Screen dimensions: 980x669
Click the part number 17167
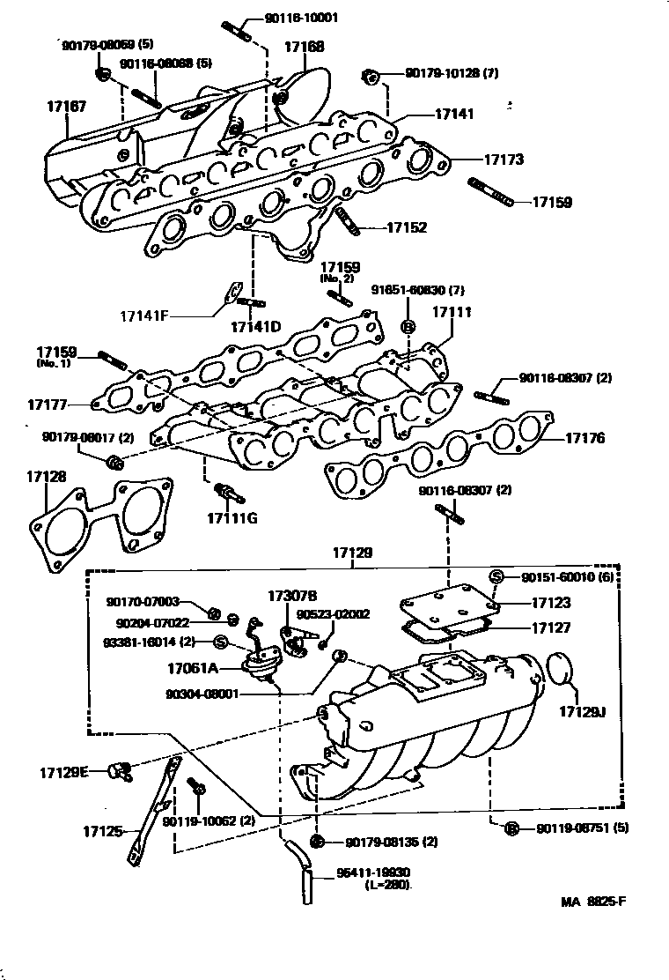(x=66, y=106)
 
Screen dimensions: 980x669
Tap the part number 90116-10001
(x=301, y=18)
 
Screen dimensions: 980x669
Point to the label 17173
(x=504, y=160)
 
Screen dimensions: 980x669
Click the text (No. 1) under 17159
(x=54, y=363)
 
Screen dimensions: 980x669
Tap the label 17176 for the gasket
(x=584, y=437)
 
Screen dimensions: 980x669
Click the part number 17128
(x=47, y=476)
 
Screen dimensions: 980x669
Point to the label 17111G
(x=232, y=516)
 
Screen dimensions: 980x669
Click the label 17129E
(x=63, y=772)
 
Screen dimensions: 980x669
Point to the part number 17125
(x=104, y=831)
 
